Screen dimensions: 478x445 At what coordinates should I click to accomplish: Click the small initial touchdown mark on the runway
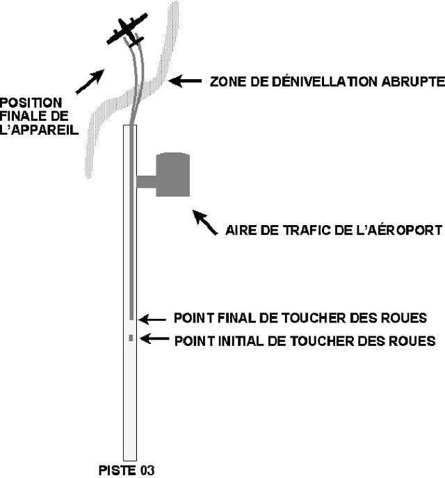tap(130, 338)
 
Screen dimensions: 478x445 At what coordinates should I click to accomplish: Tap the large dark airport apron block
tap(172, 175)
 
